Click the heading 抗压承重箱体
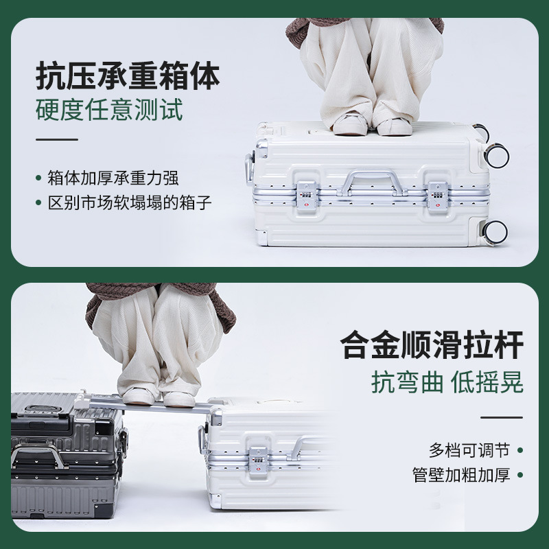coord(128,76)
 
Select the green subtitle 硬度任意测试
coord(109,110)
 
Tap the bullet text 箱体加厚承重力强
coord(113,178)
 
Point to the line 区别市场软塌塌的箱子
coord(130,203)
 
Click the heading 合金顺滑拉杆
coord(432,344)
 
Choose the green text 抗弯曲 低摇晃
coord(447,382)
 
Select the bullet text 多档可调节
coord(469,450)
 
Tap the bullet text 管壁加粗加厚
coord(461,475)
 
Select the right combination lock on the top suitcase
coord(437,196)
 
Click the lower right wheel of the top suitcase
coord(495,232)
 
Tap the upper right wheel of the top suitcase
coord(496,155)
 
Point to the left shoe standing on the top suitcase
coord(349,124)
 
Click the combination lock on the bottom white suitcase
coord(258,460)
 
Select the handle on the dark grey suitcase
coord(38,454)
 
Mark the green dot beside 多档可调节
coord(520,450)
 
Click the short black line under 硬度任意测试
coord(57,140)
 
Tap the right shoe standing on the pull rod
coord(179,399)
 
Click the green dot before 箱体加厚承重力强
coord(38,178)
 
